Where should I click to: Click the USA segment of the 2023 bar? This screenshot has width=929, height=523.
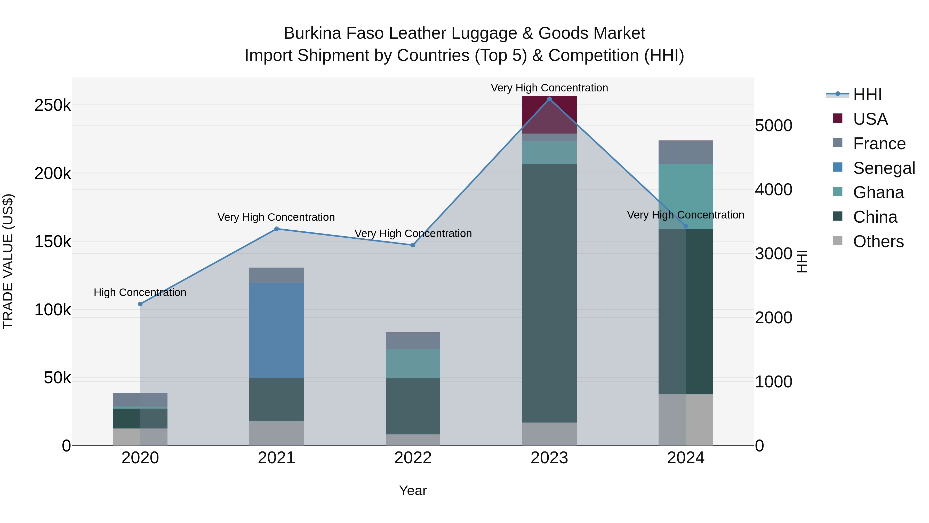tap(549, 115)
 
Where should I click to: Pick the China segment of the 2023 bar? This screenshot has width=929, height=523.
tap(549, 293)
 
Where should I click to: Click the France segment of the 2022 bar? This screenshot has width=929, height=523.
tap(413, 340)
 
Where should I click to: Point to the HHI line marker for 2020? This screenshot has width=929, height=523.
tap(140, 304)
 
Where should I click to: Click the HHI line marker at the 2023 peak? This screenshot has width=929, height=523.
tap(549, 99)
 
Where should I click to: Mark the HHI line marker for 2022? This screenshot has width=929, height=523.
tap(413, 245)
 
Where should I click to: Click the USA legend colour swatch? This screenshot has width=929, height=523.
tap(837, 118)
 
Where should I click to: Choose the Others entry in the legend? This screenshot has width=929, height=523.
tap(878, 241)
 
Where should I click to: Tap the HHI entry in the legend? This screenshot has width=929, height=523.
tap(867, 95)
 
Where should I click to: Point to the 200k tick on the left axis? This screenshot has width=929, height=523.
tap(53, 174)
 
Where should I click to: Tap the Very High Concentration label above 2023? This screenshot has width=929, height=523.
tap(549, 88)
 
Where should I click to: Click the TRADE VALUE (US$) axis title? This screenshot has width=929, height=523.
tap(8, 261)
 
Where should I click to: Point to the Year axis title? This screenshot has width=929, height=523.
tap(413, 490)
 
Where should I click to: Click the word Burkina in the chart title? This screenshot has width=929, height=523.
tap(312, 33)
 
